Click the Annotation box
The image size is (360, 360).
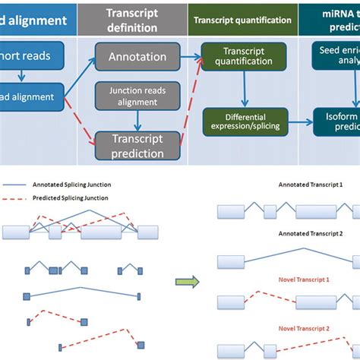137,57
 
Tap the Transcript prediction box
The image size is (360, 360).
137,146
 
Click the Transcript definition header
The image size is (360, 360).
133,20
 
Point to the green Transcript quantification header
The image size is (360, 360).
241,20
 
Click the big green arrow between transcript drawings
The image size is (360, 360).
185,283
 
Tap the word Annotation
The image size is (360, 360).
137,57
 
